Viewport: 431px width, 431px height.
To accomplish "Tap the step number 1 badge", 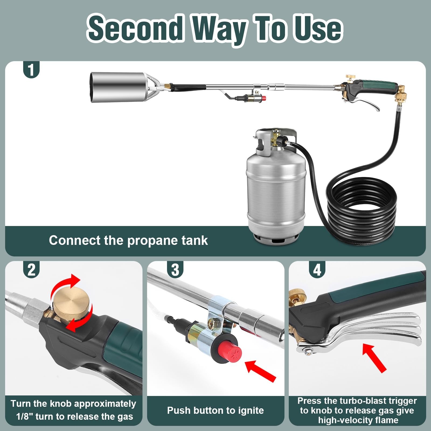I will click(x=32, y=70).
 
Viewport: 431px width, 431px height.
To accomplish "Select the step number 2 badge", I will click(x=32, y=270).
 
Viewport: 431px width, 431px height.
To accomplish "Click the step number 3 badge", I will click(x=175, y=270).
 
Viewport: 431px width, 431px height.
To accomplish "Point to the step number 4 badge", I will click(x=317, y=270).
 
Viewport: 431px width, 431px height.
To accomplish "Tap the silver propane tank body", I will click(x=276, y=194).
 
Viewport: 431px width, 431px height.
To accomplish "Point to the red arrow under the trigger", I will click(x=374, y=358).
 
